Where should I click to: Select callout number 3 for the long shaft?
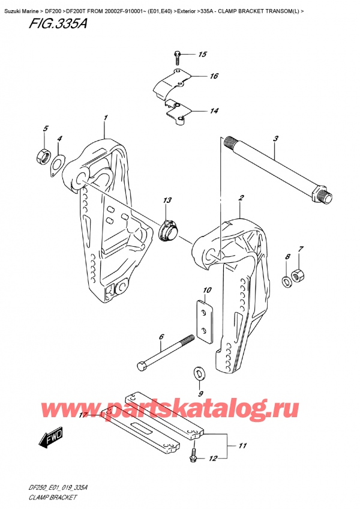tap(275, 139)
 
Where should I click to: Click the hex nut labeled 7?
tap(298, 276)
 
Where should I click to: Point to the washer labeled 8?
tap(285, 279)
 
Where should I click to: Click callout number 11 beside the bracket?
tap(242, 445)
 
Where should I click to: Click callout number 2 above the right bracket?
tap(241, 197)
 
